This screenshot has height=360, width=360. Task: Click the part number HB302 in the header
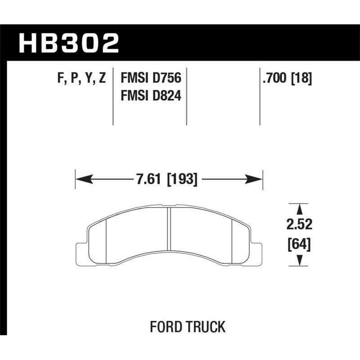click(69, 43)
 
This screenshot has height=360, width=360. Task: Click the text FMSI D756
click(150, 78)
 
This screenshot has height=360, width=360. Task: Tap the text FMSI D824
click(150, 95)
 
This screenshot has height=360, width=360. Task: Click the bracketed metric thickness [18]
click(302, 78)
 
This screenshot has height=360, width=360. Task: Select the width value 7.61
click(149, 180)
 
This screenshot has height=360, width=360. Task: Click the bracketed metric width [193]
click(182, 180)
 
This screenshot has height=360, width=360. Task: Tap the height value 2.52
click(298, 224)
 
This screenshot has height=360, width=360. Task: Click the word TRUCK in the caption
click(205, 327)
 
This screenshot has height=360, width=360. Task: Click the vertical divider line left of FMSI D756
click(112, 97)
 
